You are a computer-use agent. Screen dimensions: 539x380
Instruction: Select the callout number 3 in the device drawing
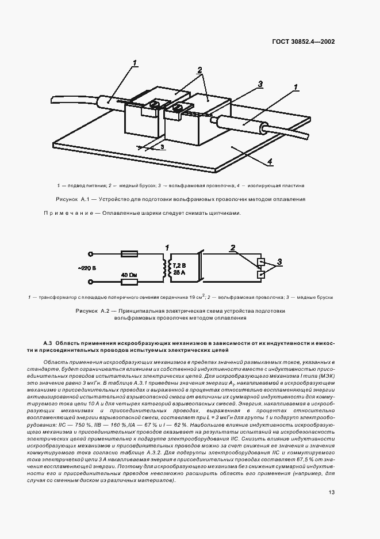point(260,84)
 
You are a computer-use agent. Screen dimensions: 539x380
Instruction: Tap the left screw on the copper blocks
point(155,105)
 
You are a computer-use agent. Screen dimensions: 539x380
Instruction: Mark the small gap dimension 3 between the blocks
point(163,146)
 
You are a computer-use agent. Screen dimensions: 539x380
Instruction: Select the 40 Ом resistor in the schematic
point(129,275)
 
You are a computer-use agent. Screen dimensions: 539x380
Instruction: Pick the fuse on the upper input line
point(128,253)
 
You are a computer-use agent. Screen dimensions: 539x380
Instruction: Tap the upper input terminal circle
point(90,253)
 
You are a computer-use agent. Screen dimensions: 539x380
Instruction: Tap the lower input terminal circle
point(90,282)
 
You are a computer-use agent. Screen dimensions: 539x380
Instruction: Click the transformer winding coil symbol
point(167,267)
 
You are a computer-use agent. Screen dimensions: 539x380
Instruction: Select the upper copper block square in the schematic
point(262,262)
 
